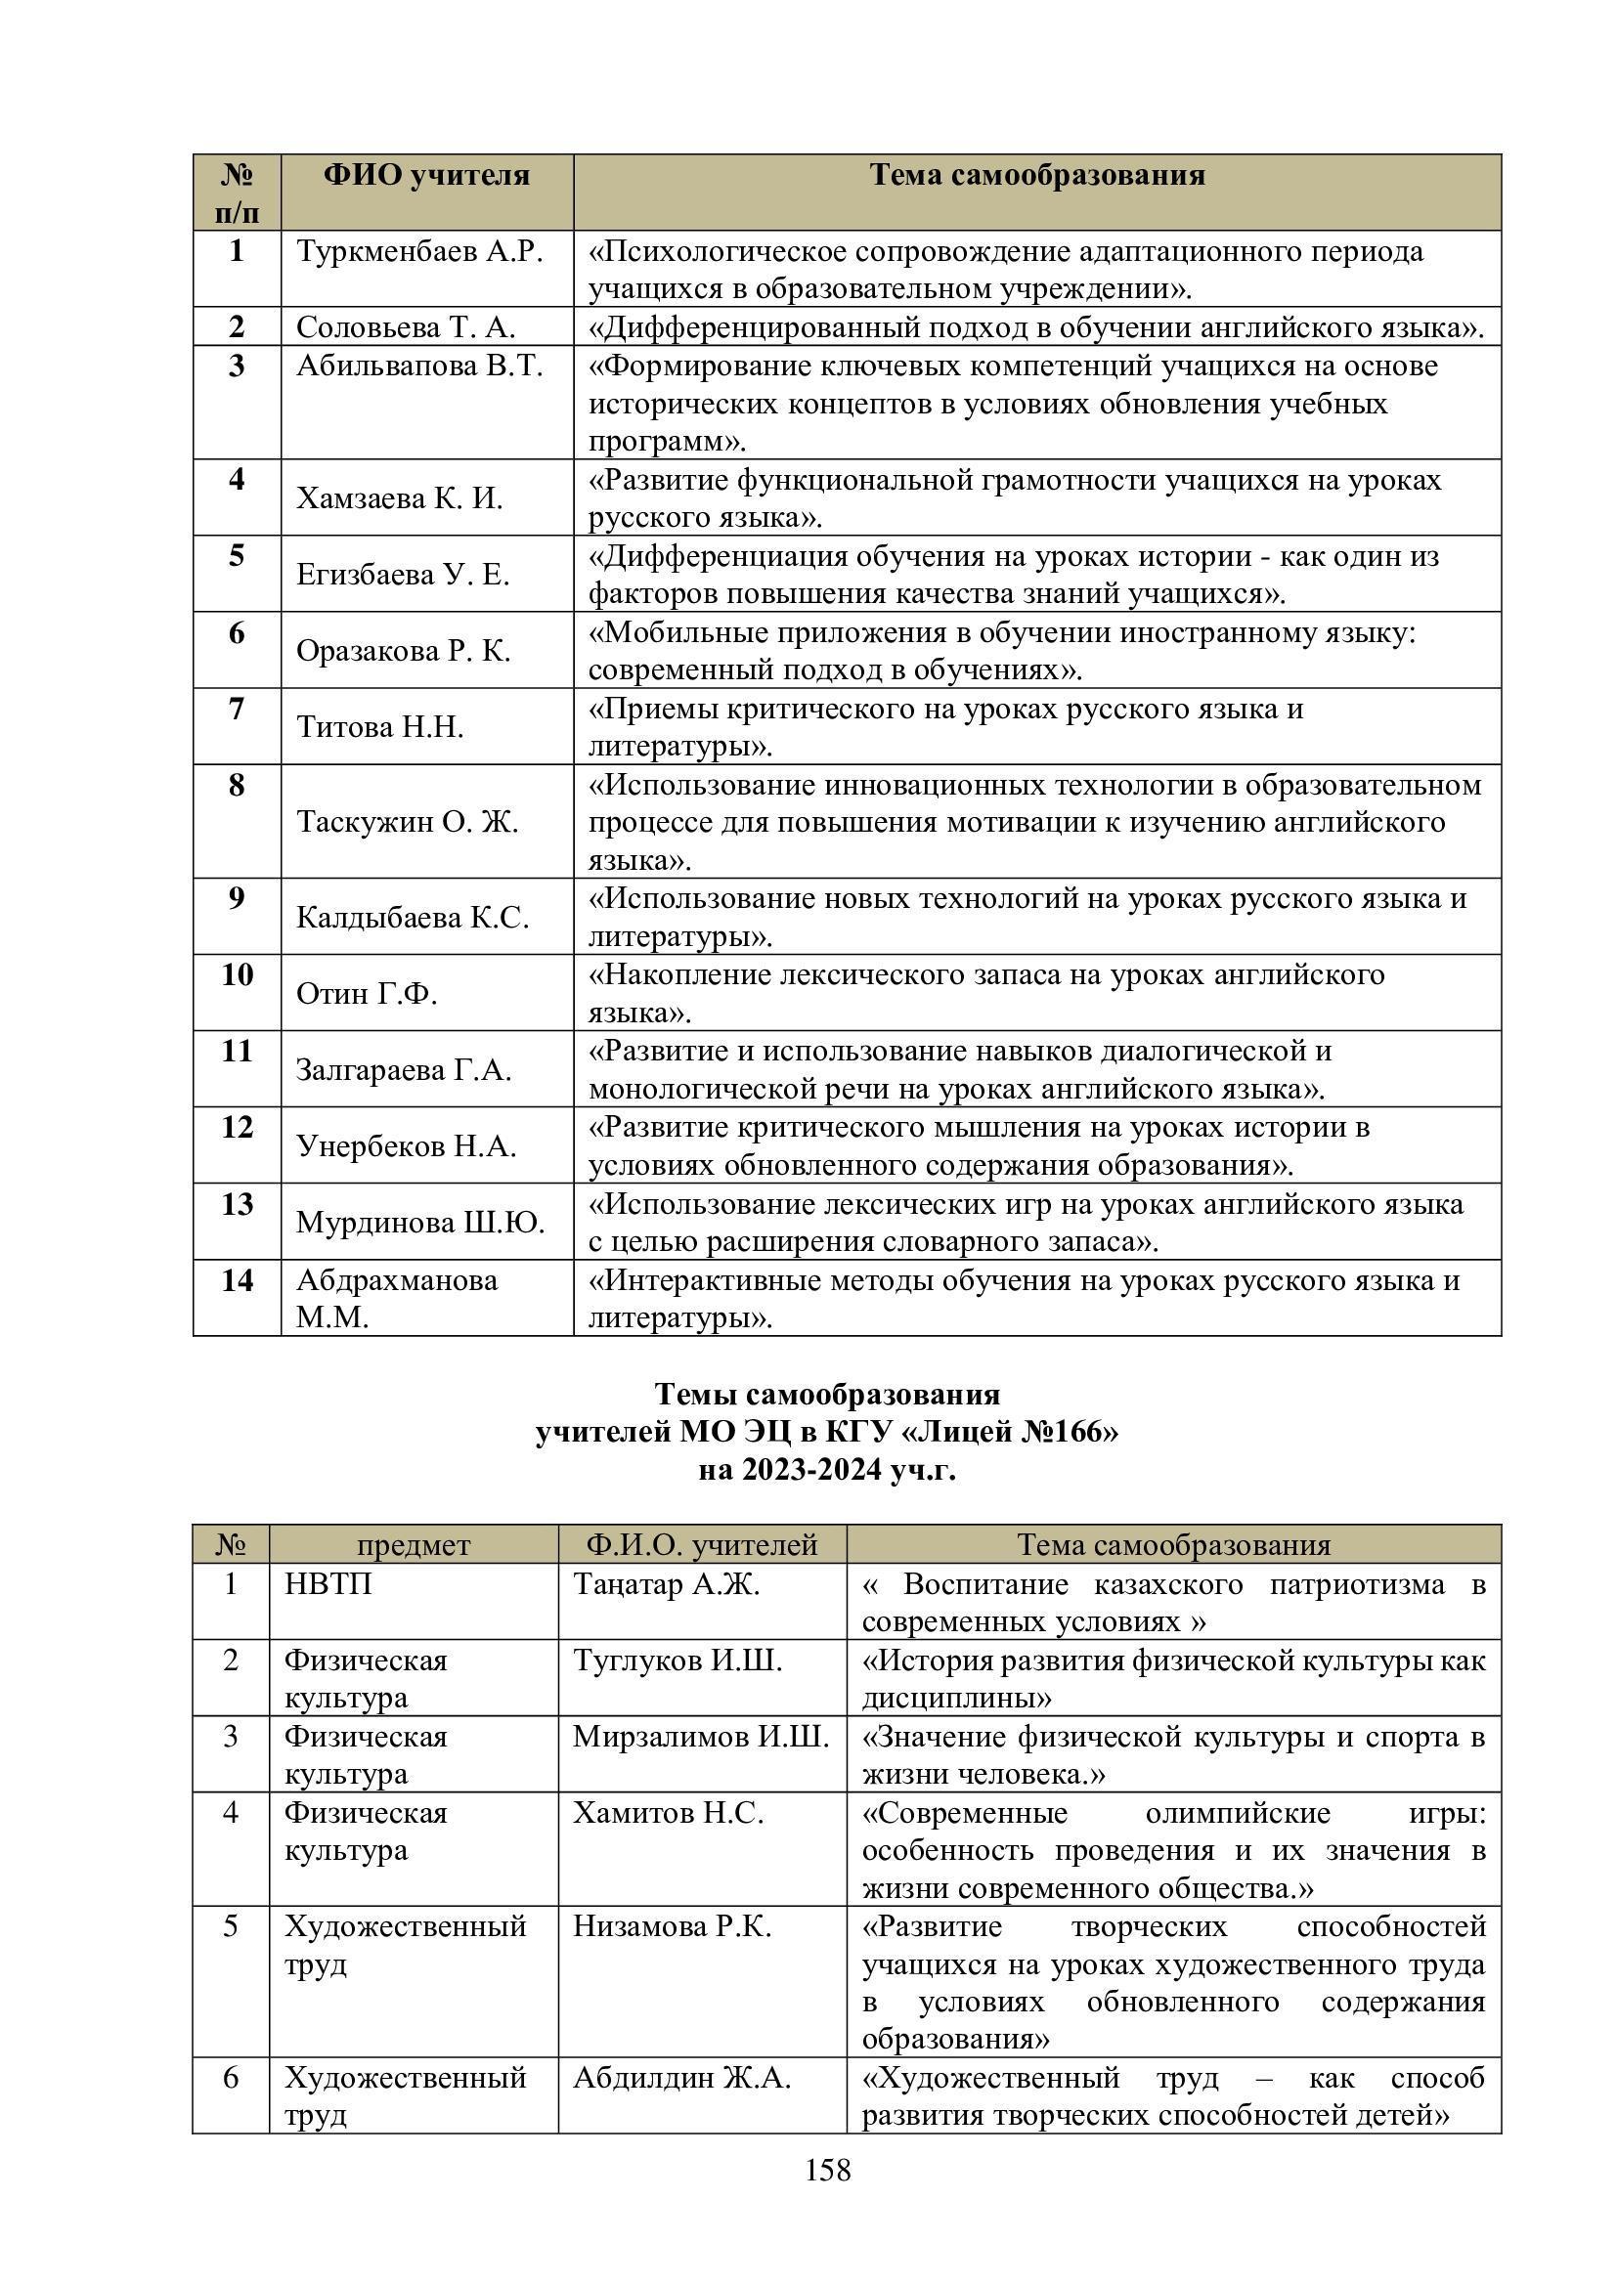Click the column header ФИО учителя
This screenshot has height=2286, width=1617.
click(x=426, y=176)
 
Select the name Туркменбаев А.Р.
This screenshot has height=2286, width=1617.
click(x=419, y=252)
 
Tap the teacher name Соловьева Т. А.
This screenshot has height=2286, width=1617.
click(x=406, y=327)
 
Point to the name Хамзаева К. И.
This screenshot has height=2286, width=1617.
click(x=399, y=497)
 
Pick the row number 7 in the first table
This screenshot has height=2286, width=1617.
click(x=236, y=709)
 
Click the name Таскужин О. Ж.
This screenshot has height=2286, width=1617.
click(x=408, y=821)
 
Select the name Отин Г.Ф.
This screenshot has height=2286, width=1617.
click(x=367, y=994)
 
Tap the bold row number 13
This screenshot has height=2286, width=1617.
click(x=237, y=1205)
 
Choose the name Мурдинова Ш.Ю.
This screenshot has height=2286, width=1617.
click(x=420, y=1223)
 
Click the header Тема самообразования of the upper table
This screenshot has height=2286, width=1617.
click(x=1036, y=176)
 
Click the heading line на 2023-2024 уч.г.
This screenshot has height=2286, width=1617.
click(x=826, y=1470)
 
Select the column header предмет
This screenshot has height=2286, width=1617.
click(x=414, y=1544)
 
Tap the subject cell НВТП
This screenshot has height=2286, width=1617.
click(x=328, y=1584)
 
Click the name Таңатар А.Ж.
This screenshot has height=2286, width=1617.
click(x=666, y=1584)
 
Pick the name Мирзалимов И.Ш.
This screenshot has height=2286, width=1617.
click(x=700, y=1738)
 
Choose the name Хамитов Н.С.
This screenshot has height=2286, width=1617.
click(x=668, y=1814)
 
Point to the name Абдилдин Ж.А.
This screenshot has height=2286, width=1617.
click(x=681, y=2079)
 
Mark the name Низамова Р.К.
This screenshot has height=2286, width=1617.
click(x=672, y=1927)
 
